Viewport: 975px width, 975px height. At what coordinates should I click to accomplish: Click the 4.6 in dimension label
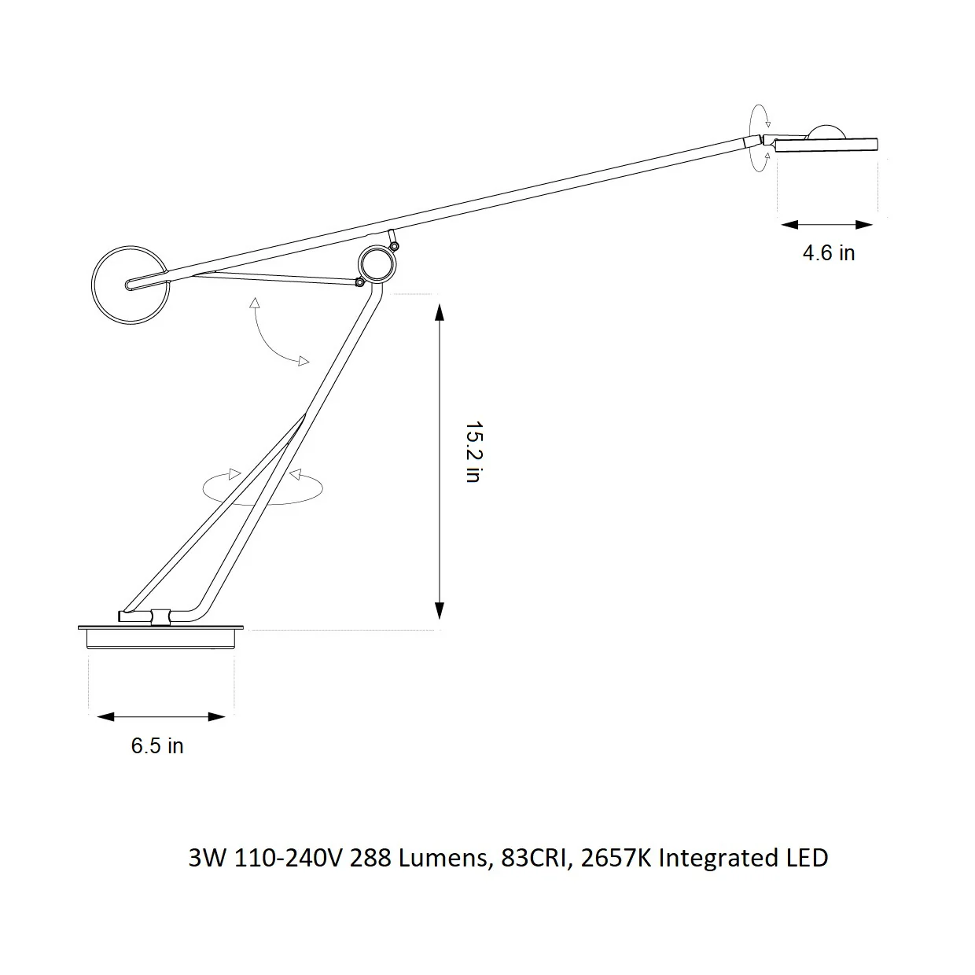pyautogui.click(x=828, y=253)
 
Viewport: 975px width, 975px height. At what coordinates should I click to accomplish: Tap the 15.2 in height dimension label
pyautogui.click(x=474, y=451)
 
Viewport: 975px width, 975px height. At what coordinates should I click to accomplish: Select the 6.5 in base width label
pyautogui.click(x=156, y=746)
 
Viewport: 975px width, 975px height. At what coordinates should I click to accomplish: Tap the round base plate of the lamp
pyautogui.click(x=161, y=638)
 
